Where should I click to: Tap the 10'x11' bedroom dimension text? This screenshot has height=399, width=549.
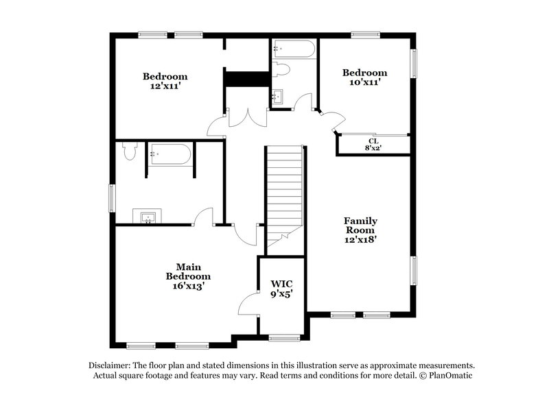(364, 82)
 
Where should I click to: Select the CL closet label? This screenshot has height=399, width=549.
(373, 141)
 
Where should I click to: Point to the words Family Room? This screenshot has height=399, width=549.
(361, 226)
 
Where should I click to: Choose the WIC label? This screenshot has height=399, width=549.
(281, 283)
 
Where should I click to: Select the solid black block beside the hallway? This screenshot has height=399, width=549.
(246, 79)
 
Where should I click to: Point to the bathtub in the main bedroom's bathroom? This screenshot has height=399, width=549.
(170, 155)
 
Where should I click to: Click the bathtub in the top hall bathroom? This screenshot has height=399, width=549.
(294, 49)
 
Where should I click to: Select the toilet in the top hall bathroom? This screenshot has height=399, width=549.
(280, 69)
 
